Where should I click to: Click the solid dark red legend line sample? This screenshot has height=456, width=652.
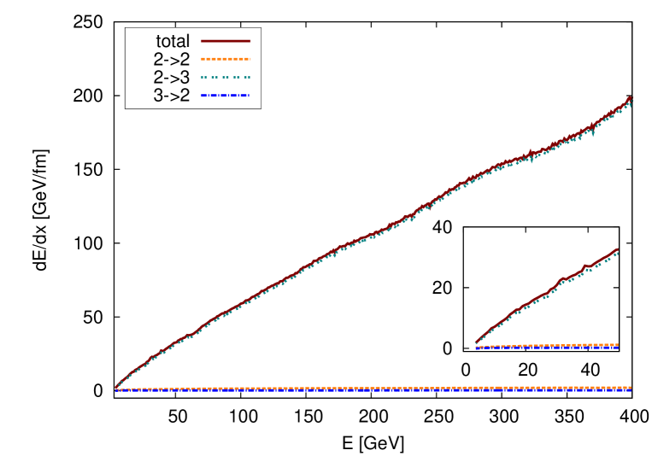(226, 40)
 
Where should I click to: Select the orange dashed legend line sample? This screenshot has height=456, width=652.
(226, 59)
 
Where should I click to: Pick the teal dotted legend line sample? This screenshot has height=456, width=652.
(226, 77)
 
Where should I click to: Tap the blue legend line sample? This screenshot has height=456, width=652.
(226, 95)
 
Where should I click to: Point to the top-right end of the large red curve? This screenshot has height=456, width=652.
(630, 99)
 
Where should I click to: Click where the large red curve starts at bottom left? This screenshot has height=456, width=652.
(116, 387)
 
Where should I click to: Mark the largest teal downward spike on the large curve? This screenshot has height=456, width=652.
(593, 134)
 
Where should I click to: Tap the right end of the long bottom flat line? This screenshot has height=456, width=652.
(631, 389)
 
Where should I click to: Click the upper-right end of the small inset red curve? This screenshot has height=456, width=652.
(617, 249)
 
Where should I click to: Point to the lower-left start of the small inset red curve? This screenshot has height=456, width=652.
(476, 343)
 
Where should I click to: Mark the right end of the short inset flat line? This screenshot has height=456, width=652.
(617, 346)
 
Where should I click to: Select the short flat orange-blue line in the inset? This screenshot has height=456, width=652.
(547, 347)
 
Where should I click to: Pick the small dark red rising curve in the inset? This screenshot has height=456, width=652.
(547, 293)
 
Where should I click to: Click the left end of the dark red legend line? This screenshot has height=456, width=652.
(202, 40)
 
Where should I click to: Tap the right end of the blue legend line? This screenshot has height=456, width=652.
(250, 95)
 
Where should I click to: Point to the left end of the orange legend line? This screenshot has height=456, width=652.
(202, 59)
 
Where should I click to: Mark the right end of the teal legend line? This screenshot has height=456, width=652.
(250, 77)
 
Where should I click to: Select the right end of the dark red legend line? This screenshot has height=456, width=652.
(250, 40)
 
